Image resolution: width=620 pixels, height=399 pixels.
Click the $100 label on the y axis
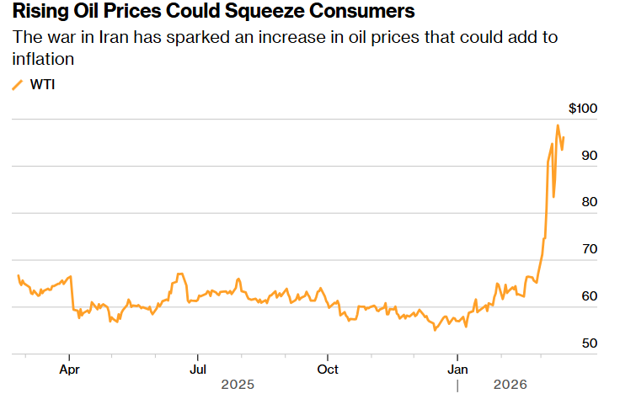583,109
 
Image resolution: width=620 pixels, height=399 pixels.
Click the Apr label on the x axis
70,369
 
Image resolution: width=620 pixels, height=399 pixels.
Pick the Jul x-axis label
198,369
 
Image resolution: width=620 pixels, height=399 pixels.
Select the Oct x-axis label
328,369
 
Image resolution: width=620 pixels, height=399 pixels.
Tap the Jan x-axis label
457,369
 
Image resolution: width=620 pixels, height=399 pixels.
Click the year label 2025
238,385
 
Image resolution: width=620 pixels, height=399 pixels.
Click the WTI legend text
43,84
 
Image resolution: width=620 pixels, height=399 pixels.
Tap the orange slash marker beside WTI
18,84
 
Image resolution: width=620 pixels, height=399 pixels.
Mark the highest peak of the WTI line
558,125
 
